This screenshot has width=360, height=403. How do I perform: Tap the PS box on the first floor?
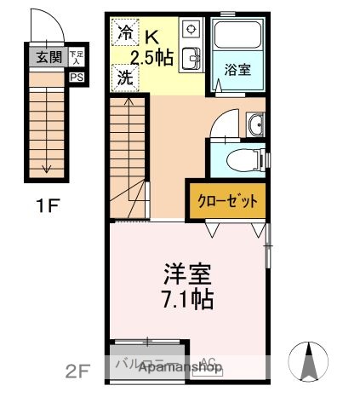click(x=77, y=76)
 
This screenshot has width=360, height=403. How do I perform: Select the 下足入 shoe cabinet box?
click(x=77, y=57)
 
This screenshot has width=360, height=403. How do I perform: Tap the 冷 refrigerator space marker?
click(x=124, y=34)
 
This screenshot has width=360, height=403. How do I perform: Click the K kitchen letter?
click(x=151, y=37)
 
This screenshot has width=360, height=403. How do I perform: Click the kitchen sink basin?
click(x=191, y=58)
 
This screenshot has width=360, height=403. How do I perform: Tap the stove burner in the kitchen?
click(x=191, y=29)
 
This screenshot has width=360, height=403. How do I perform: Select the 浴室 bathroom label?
click(x=237, y=69)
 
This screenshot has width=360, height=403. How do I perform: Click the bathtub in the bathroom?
click(x=238, y=37)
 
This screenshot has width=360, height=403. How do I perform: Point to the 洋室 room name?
click(x=188, y=274)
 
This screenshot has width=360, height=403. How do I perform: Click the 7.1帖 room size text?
click(x=188, y=299)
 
